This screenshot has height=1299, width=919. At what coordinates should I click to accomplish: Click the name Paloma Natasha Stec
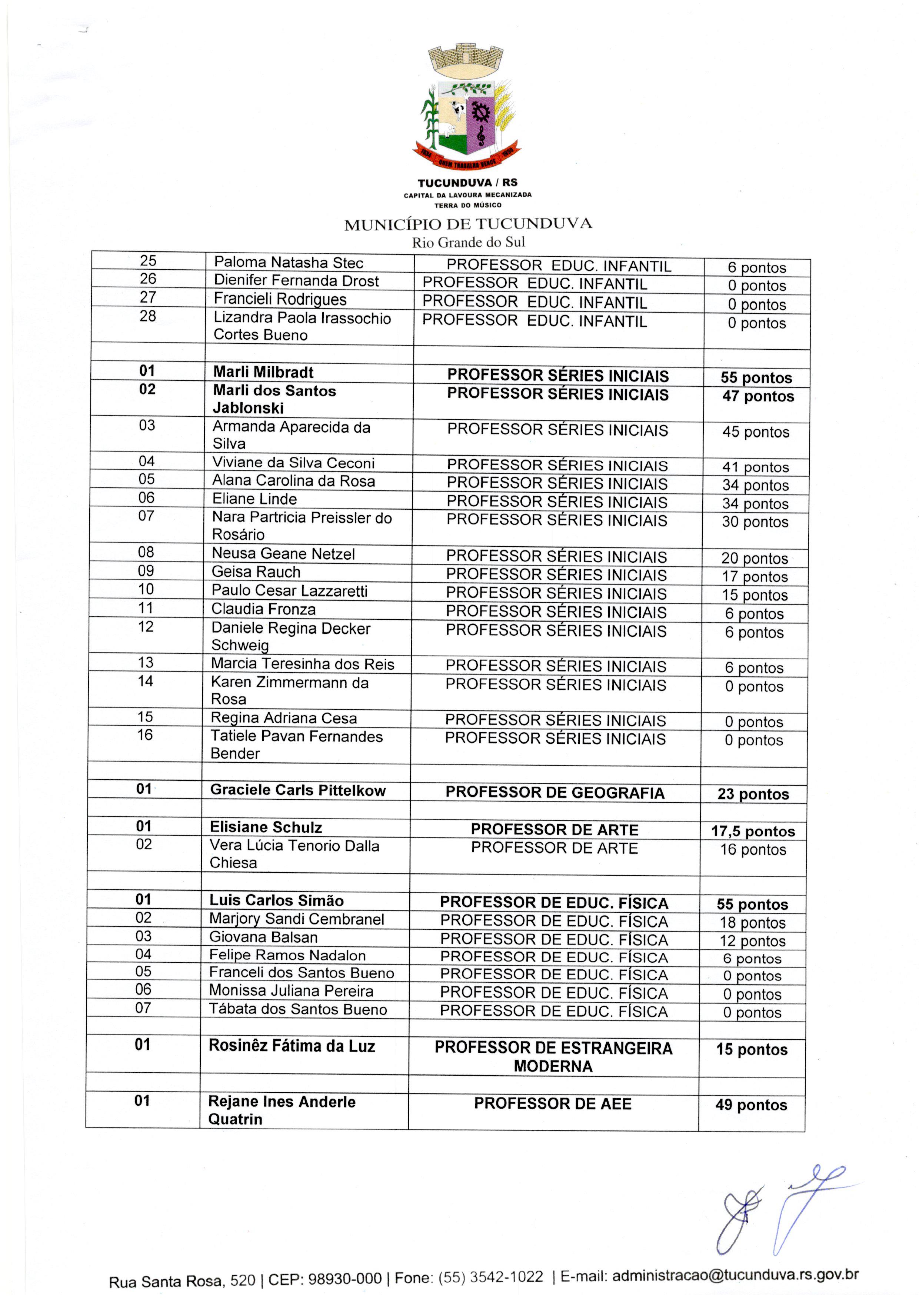288,263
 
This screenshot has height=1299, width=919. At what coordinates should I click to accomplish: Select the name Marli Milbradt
263,372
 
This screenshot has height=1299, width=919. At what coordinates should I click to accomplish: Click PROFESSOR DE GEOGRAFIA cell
555,793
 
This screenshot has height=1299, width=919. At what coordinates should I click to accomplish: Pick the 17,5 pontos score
753,831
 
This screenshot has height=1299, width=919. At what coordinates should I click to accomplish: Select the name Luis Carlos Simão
276,900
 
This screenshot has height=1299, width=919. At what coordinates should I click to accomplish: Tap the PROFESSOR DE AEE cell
552,1104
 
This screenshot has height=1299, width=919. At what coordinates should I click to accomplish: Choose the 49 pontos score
751,1105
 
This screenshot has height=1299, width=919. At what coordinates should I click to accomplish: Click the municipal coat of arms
467,107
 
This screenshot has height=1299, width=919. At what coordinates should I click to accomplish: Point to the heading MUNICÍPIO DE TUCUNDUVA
468,224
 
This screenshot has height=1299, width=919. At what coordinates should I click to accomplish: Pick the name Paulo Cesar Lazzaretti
289,591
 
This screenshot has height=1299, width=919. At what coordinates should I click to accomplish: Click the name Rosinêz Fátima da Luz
292,1046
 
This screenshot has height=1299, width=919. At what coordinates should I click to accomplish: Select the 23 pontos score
753,794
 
